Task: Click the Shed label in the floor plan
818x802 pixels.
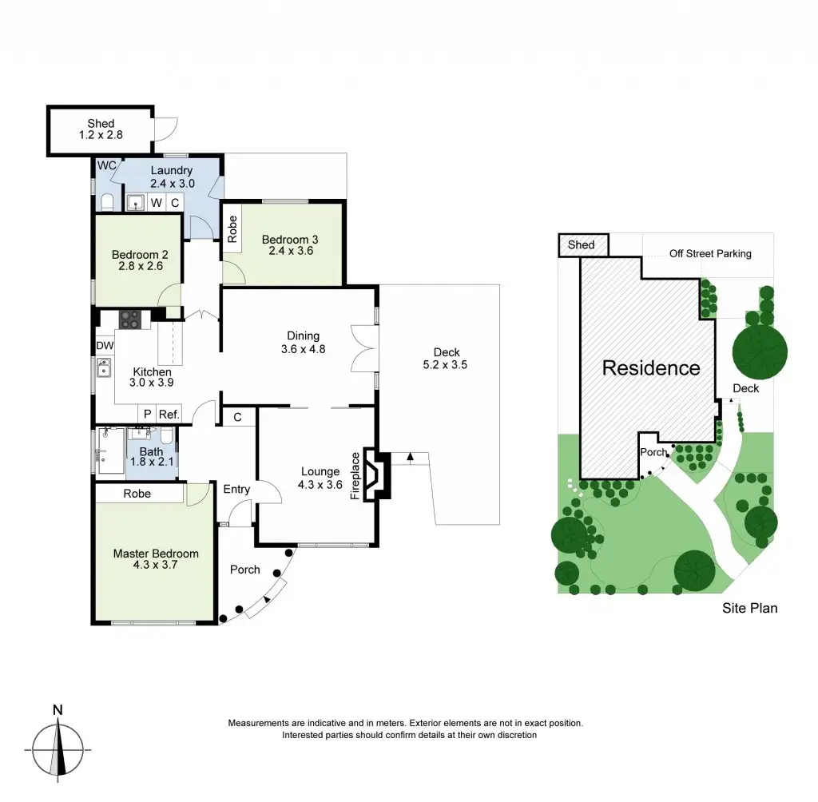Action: [x=101, y=124]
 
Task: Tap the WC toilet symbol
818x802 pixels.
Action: [x=108, y=200]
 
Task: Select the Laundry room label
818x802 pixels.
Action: [x=171, y=170]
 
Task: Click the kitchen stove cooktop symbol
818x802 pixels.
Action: [x=129, y=320]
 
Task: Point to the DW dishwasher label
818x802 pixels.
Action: [x=105, y=346]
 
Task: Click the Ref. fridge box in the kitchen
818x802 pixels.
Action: [x=169, y=414]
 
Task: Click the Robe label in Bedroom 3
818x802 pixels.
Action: [x=232, y=230]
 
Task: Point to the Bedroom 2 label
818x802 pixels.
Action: [x=137, y=256]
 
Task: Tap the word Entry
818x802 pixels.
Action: [x=236, y=490]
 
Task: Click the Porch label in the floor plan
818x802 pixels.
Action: [x=244, y=570]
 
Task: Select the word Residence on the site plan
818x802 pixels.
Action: [x=651, y=368]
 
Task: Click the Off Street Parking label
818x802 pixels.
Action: [x=710, y=254]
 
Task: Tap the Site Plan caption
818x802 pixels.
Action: [x=749, y=608]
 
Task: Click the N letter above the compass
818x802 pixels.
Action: [x=58, y=709]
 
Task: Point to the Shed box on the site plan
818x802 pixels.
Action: [x=582, y=244]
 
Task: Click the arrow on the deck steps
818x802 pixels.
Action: [x=410, y=458]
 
